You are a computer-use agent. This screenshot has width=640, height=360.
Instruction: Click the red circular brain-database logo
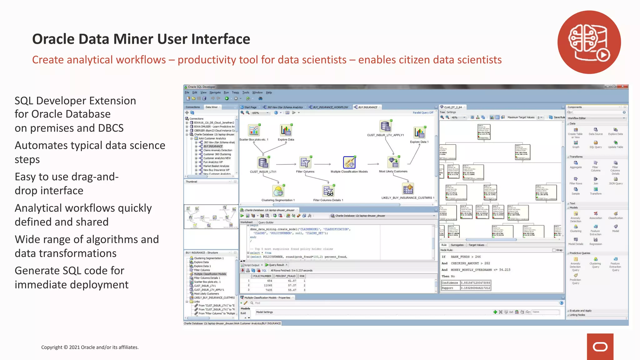(589, 42)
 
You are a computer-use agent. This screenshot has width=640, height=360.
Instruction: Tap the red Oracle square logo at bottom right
(600, 347)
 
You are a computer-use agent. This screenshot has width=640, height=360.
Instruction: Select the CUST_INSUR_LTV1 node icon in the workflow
(263, 163)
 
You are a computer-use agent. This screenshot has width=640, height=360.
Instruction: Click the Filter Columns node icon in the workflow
(305, 162)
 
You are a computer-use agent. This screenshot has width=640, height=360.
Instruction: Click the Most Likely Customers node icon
(393, 162)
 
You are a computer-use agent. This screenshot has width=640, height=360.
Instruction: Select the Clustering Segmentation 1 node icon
(278, 191)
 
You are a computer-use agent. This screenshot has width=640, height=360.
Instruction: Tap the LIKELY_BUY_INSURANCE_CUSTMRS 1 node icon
(408, 189)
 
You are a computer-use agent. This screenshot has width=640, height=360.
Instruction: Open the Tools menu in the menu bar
(246, 92)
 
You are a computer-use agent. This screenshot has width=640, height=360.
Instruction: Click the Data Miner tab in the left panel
(212, 107)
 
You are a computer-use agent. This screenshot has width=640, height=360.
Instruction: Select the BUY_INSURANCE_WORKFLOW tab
(330, 107)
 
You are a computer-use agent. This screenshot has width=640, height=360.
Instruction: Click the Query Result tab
(276, 265)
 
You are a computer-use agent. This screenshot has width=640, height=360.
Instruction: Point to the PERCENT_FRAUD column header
(285, 276)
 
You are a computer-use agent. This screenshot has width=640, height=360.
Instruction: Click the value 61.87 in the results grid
(292, 281)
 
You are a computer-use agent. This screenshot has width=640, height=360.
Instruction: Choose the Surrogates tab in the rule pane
(457, 245)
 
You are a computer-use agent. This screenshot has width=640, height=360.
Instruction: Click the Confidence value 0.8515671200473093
(475, 283)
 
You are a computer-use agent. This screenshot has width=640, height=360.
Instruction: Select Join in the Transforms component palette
(596, 181)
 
